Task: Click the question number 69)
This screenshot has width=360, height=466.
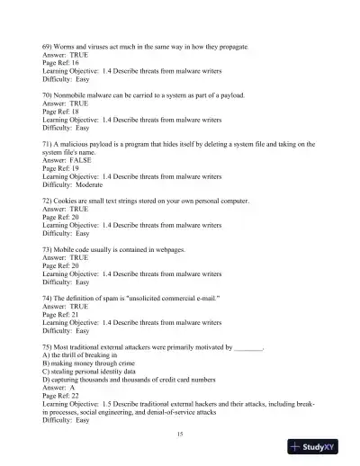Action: point(49,45)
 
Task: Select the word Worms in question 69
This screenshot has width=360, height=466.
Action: point(69,45)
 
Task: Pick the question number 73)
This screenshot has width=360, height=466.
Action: point(49,247)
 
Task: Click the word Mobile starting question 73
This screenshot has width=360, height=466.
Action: point(71,247)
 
